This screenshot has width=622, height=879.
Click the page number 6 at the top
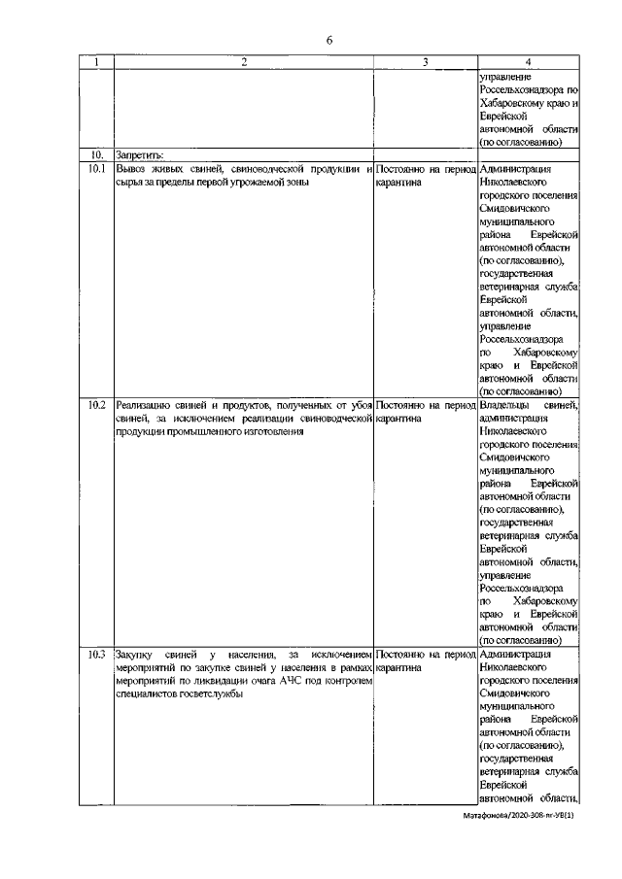click(x=328, y=39)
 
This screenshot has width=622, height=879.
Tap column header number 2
click(x=243, y=63)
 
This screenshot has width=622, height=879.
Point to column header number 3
click(x=425, y=63)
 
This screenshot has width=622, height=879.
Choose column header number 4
click(x=529, y=63)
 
